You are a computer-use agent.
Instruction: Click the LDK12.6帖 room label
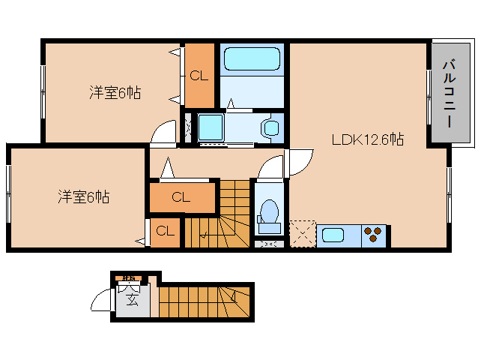tap(368, 139)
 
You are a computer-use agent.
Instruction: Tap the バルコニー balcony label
tap(449, 93)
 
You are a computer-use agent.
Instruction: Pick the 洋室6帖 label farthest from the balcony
tap(84, 197)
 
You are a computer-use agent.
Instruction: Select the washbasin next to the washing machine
tap(270, 127)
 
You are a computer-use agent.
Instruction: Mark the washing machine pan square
tap(210, 127)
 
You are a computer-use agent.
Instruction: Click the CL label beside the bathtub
tap(199, 76)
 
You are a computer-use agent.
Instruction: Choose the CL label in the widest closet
tap(181, 198)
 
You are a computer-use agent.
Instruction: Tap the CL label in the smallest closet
tap(165, 231)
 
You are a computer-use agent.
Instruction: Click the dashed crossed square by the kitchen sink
tap(303, 233)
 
